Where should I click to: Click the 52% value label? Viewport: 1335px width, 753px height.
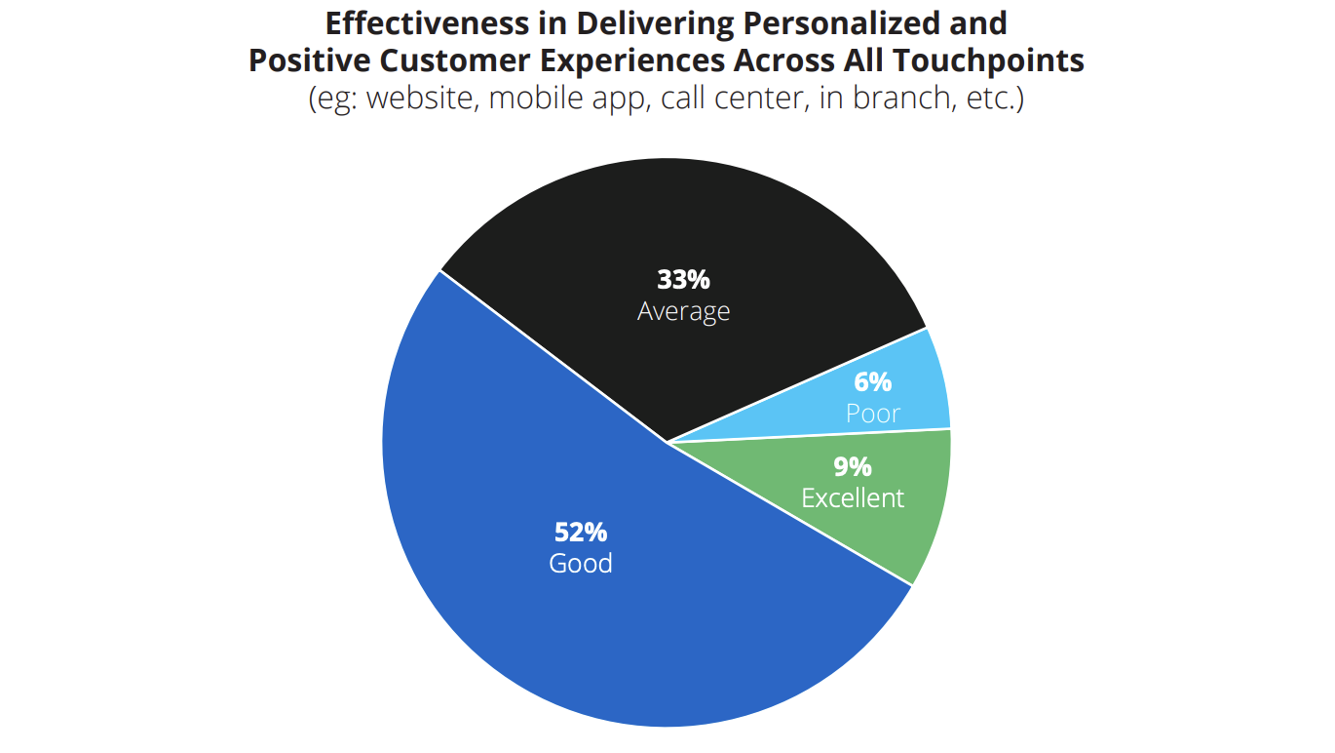[x=581, y=533]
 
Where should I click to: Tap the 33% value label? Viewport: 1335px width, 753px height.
[x=683, y=280]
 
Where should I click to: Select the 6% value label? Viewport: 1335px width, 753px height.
[x=872, y=382]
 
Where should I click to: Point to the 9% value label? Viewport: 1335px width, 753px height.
[x=853, y=467]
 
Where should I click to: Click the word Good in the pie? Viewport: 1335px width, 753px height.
[x=581, y=564]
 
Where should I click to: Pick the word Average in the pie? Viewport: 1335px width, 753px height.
[x=683, y=311]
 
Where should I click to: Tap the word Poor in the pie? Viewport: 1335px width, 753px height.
[x=872, y=414]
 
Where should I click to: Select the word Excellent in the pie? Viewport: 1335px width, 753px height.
[x=853, y=498]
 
